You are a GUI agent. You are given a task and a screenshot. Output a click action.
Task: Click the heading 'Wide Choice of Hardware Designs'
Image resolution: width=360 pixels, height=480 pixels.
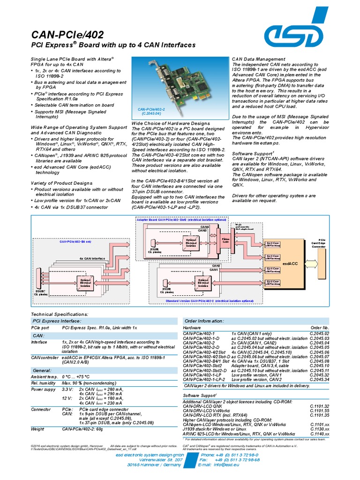[x=164, y=123]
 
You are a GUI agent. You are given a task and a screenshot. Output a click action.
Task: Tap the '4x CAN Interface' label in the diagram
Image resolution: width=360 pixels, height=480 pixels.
[x=92, y=258]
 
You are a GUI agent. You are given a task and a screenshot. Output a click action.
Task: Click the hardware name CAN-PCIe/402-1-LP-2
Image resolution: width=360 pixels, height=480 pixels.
[x=202, y=379]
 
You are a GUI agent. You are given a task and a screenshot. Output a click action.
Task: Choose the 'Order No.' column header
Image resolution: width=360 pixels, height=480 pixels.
[x=320, y=327]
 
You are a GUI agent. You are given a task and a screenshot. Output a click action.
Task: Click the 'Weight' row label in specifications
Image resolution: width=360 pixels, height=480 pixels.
[x=37, y=428]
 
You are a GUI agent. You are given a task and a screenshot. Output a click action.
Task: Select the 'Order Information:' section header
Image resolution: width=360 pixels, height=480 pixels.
[x=204, y=321]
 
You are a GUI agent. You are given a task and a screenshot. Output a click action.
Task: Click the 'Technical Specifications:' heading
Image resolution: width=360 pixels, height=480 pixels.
[x=59, y=314]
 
